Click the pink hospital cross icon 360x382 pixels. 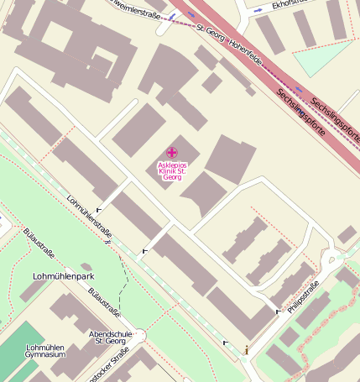pyautogui.click(x=171, y=152)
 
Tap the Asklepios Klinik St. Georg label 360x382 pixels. pyautogui.click(x=171, y=171)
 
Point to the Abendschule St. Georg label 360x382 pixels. pyautogui.click(x=112, y=337)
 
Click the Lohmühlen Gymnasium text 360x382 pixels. pyautogui.click(x=45, y=351)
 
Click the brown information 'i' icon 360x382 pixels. pyautogui.click(x=246, y=348)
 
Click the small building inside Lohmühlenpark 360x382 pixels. pyautogui.click(x=86, y=268)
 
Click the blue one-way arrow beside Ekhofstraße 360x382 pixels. pyautogui.click(x=257, y=10)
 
